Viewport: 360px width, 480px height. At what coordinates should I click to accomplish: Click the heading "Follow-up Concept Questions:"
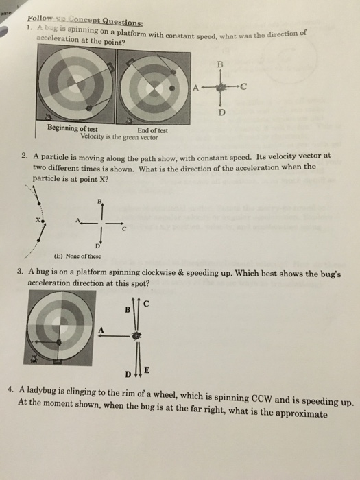(x=85, y=20)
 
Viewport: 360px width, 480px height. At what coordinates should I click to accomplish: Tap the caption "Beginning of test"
(x=73, y=128)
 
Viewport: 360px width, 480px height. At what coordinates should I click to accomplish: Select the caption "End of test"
(x=152, y=130)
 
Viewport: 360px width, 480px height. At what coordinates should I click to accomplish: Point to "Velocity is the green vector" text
(x=119, y=137)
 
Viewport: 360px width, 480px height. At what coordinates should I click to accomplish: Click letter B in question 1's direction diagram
(x=220, y=64)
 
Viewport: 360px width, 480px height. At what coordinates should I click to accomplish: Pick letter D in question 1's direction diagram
(x=221, y=112)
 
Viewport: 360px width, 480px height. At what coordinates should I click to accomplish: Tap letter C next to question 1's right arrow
(x=243, y=87)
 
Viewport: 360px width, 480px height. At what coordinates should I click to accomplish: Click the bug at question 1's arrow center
(x=220, y=88)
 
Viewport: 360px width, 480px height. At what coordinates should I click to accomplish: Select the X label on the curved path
(x=37, y=220)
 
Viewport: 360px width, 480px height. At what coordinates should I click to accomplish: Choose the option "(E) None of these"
(x=77, y=256)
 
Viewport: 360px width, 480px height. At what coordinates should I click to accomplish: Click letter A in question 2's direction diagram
(x=77, y=220)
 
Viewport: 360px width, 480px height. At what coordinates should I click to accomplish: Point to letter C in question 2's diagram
(x=123, y=229)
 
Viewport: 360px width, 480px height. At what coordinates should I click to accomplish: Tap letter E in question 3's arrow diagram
(x=147, y=370)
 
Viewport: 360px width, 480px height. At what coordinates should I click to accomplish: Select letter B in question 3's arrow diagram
(x=128, y=310)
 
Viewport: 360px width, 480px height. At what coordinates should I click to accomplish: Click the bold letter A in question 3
(x=101, y=330)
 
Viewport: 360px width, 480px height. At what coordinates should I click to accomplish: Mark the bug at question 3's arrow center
(x=135, y=336)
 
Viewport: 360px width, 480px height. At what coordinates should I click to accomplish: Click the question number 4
(x=11, y=390)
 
